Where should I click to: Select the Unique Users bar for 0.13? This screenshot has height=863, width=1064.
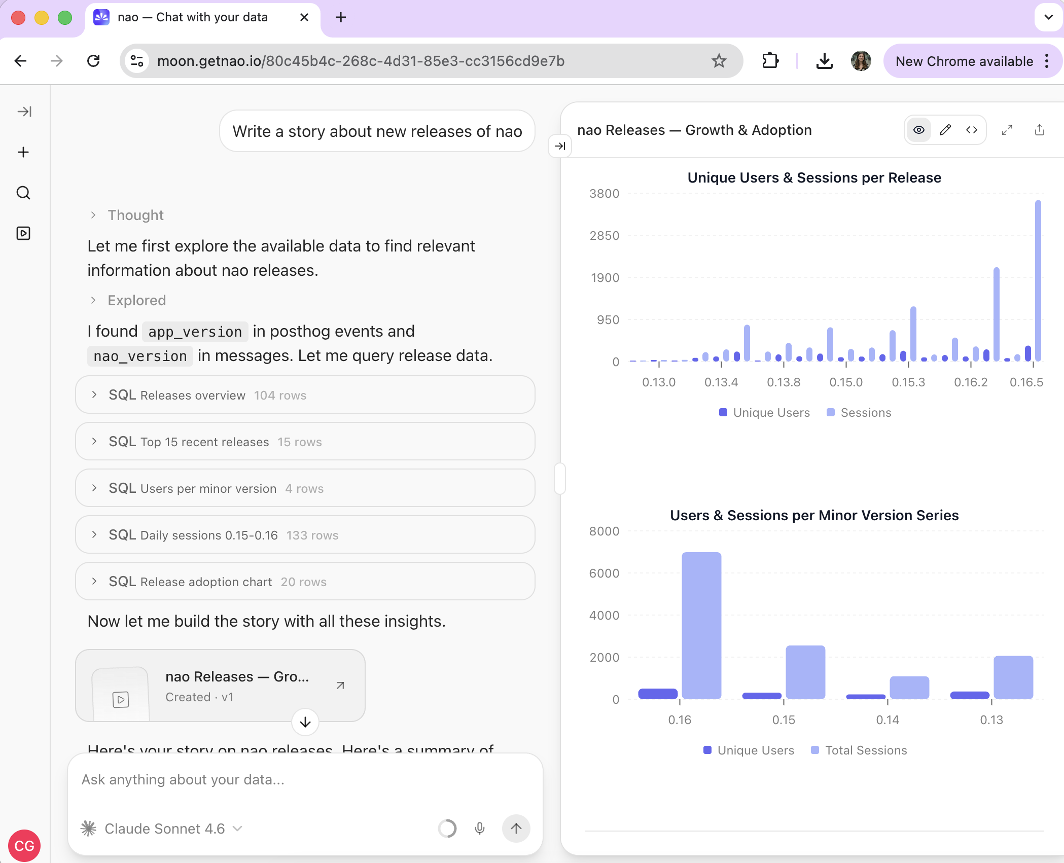click(x=969, y=695)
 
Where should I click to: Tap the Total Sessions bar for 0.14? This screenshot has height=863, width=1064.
click(x=909, y=688)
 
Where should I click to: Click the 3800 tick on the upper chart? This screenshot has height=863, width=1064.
click(x=604, y=194)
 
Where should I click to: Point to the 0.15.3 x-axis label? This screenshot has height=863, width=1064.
click(x=908, y=382)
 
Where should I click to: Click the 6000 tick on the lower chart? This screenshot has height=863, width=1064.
click(x=604, y=573)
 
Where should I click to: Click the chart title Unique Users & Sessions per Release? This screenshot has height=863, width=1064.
click(x=814, y=178)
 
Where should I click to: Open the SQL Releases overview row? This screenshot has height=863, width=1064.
click(x=305, y=395)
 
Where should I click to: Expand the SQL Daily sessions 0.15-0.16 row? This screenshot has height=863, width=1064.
click(x=305, y=535)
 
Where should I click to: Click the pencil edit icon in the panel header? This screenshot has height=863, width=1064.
click(x=945, y=130)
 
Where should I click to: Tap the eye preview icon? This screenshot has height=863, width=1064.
click(x=918, y=130)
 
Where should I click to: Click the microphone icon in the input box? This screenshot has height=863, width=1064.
click(x=479, y=829)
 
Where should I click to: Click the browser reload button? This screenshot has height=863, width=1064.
click(x=93, y=61)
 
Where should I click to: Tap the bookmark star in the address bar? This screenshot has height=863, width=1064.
click(x=719, y=61)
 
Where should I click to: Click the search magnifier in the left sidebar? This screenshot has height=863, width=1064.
click(x=23, y=193)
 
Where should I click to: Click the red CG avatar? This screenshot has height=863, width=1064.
click(x=24, y=845)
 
